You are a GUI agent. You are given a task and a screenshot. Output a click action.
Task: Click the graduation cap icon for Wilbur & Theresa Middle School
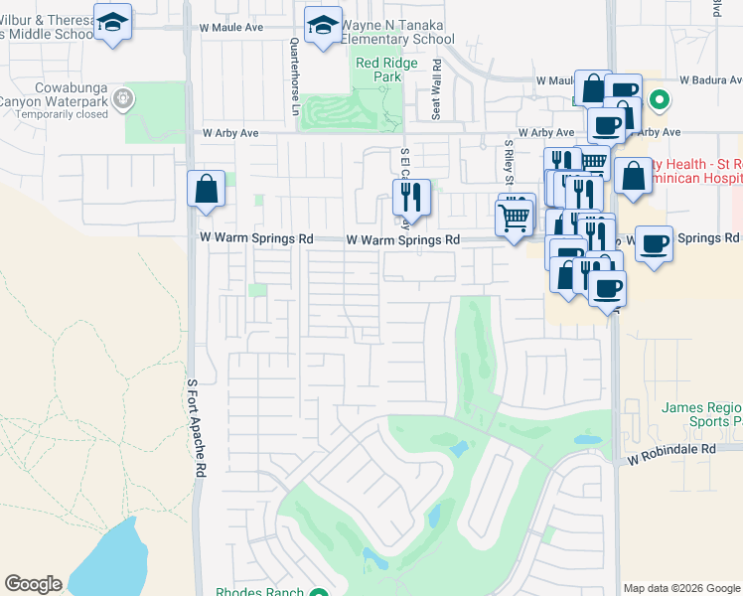coord(113,22)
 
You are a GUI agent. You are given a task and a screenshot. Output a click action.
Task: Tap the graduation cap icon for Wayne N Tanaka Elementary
coord(323,26)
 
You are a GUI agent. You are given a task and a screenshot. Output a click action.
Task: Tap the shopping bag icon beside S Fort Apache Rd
coord(206,189)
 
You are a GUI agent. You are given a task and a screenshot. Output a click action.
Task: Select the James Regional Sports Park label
coord(701,414)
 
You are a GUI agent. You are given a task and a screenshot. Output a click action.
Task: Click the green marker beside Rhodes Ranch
coord(318,594)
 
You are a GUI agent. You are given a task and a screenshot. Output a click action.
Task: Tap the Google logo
coord(33,584)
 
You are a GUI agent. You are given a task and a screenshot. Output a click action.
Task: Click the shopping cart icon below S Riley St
coord(514,217)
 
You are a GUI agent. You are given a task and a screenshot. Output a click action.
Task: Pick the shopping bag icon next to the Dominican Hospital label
coord(633,177)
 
